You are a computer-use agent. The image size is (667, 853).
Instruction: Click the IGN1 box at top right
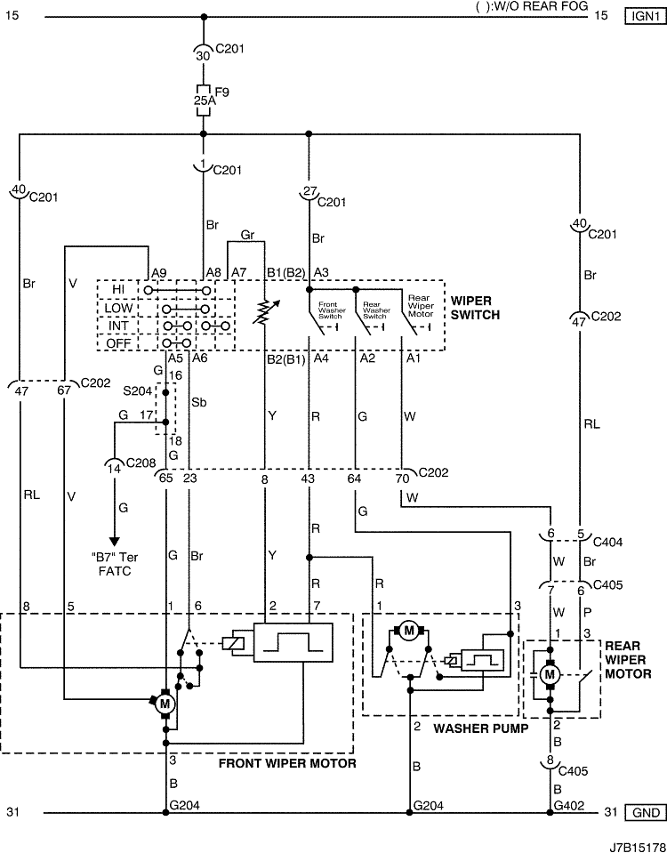[646, 16]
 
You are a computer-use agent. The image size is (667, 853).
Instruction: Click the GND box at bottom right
[646, 813]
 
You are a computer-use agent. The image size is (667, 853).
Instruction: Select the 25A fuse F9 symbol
[204, 101]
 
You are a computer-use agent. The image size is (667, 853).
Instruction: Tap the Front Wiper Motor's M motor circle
[165, 704]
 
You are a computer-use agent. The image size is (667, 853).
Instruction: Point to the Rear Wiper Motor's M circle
[550, 675]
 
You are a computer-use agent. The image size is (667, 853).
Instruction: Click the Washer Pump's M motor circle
[409, 631]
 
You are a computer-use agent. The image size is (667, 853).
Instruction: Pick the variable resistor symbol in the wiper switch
[265, 311]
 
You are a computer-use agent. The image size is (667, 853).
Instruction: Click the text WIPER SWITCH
[475, 308]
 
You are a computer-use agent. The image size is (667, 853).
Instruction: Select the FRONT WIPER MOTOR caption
[287, 763]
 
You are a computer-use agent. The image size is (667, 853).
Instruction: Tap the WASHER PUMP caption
[481, 728]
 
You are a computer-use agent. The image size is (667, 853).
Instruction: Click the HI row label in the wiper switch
[118, 290]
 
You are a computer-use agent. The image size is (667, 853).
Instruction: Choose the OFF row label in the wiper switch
[118, 343]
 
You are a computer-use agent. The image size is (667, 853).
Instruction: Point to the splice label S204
[137, 391]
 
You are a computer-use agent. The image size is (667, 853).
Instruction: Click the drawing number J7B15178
[638, 847]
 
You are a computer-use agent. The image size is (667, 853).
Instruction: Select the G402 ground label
[569, 806]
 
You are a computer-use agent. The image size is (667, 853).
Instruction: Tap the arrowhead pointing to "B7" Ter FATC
[114, 542]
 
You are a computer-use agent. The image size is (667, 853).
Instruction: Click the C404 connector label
[607, 543]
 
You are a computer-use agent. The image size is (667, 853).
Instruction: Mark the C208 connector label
[141, 463]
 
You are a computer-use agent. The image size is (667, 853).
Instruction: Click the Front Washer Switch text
[332, 310]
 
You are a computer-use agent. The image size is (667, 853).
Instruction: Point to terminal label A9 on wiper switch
[159, 273]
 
